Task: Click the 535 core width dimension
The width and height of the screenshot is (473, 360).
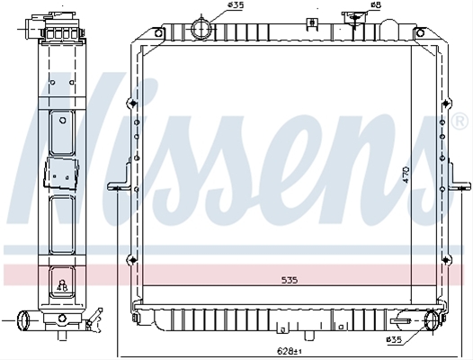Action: pyautogui.click(x=290, y=280)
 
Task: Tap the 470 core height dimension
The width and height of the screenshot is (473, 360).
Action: pyautogui.click(x=406, y=175)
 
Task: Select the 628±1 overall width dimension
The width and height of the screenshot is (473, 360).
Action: pyautogui.click(x=290, y=351)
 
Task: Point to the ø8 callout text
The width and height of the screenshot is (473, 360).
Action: pyautogui.click(x=377, y=4)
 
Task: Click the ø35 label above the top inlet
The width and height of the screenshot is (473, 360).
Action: pyautogui.click(x=236, y=4)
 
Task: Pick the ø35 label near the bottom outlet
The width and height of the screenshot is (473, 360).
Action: pyautogui.click(x=394, y=340)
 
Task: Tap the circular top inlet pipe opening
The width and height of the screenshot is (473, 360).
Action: pyautogui.click(x=201, y=29)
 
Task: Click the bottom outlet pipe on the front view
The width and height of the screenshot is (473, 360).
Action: pyautogui.click(x=432, y=320)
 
